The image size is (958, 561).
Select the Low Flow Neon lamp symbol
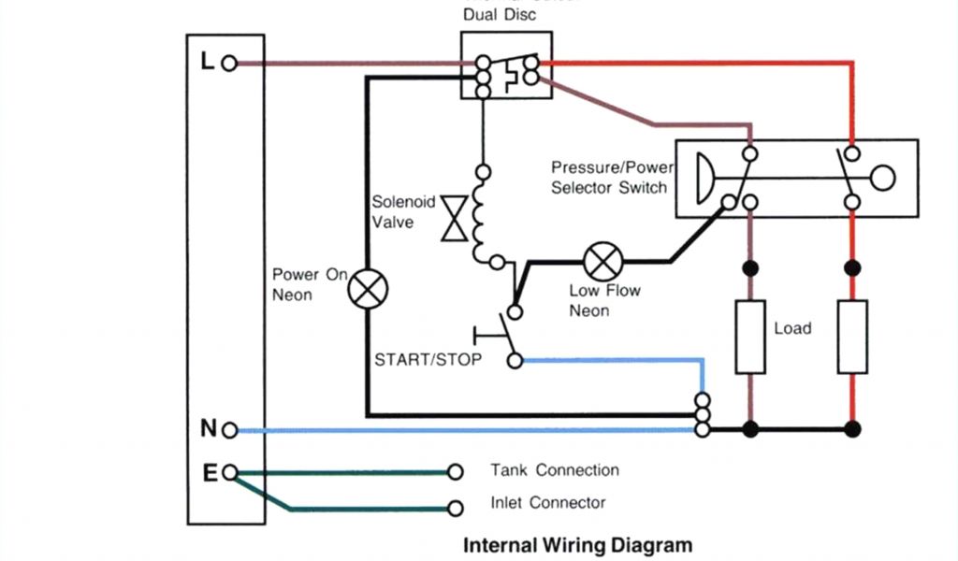tap(598, 259)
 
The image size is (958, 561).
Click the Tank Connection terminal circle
tap(456, 471)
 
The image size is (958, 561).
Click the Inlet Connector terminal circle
tap(456, 509)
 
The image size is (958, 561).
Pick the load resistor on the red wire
tap(852, 337)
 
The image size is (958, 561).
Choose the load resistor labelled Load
tap(750, 337)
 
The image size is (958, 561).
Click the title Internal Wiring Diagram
tap(578, 545)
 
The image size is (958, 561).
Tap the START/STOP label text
tap(428, 359)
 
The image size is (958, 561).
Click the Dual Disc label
tap(500, 15)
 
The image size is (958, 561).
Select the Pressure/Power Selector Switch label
tap(610, 178)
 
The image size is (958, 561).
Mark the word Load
tap(792, 328)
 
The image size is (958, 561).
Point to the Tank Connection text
tap(555, 470)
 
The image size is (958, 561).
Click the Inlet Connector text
tap(548, 503)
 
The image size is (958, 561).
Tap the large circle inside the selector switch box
tap(881, 177)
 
